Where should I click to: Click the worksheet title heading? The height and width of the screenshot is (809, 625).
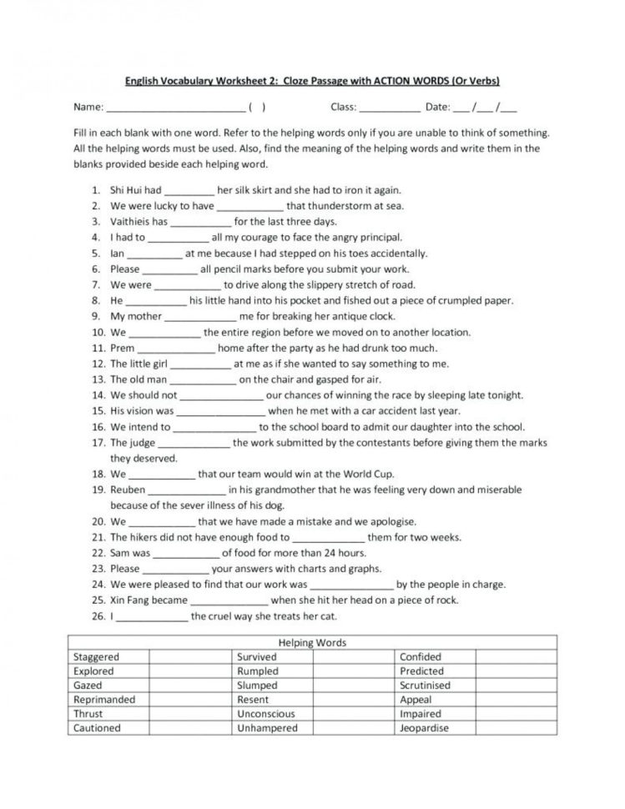pos(312,81)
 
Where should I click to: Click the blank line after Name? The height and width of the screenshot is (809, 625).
pos(174,108)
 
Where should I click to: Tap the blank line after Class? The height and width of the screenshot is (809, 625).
pos(391,108)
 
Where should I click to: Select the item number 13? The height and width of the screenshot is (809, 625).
pos(97,379)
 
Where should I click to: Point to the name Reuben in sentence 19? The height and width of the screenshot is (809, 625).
pos(128,490)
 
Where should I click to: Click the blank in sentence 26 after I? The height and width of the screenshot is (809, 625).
pos(151,617)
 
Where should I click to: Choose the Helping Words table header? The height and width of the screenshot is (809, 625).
pos(311,643)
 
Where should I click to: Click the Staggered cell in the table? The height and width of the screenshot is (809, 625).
pos(97,657)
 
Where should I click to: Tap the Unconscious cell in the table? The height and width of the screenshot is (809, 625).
pos(266,714)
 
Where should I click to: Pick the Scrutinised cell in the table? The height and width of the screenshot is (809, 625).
pos(425,686)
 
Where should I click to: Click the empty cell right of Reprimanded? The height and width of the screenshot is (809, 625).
pos(189,700)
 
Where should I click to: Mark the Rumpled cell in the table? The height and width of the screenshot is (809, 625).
pos(258,671)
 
